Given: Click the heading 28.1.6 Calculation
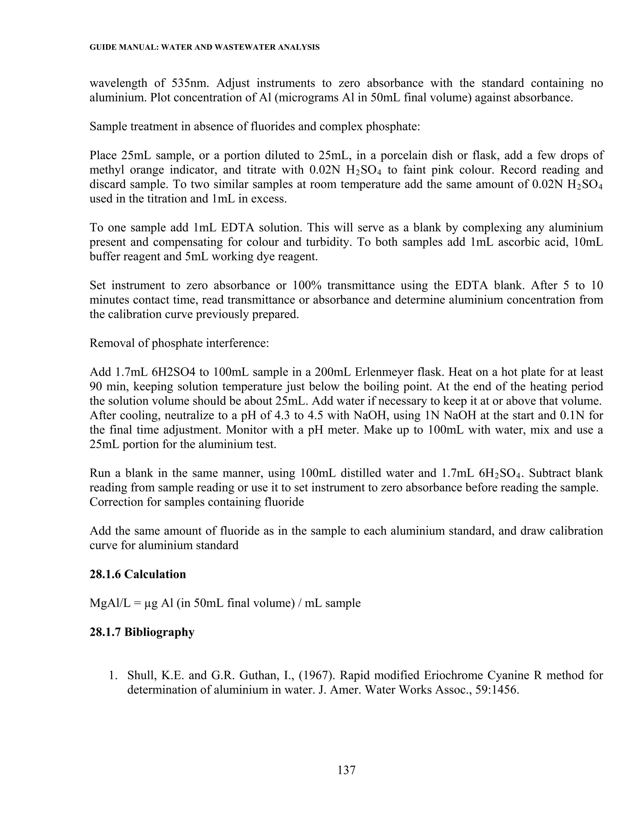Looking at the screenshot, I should coord(137,574).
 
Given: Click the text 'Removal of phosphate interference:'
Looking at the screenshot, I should coord(179,343).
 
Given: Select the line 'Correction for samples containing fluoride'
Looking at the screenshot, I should coord(197,502).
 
